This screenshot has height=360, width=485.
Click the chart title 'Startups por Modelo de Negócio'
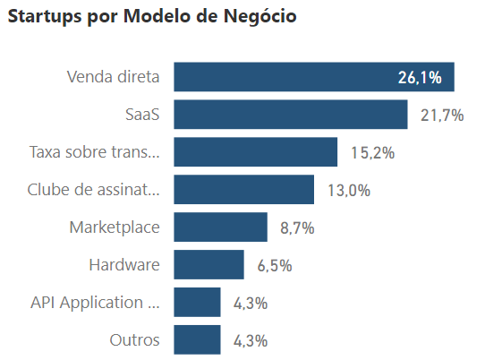(152, 17)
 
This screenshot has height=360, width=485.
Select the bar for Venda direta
(313, 77)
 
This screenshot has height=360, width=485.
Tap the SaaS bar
(290, 115)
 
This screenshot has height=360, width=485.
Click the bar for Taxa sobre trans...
(255, 152)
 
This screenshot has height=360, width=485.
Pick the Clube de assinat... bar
(243, 190)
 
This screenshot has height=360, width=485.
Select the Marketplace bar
(220, 227)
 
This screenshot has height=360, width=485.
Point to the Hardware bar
(208, 265)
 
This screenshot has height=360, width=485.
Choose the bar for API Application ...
(197, 303)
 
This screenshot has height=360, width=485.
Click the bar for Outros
(197, 340)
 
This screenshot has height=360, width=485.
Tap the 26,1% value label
(420, 78)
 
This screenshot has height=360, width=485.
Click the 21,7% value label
(442, 116)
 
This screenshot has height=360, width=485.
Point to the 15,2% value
(372, 153)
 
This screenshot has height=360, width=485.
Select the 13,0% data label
(349, 191)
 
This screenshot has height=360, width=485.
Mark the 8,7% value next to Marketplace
(297, 228)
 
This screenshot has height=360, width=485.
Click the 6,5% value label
(274, 266)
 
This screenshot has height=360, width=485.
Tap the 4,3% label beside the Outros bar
(251, 341)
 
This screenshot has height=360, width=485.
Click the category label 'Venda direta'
(113, 77)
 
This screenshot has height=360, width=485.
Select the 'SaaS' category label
(142, 115)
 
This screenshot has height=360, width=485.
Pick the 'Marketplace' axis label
(115, 227)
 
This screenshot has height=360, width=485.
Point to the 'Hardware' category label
(124, 265)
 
